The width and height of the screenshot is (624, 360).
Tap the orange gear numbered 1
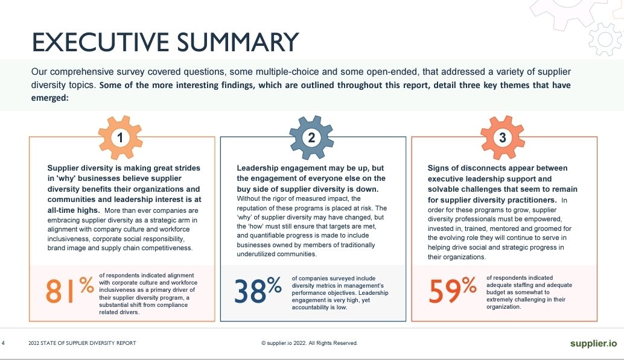121,138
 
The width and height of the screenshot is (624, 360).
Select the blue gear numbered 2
311,138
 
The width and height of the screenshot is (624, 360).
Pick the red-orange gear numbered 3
503,138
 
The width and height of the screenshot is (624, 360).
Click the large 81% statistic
70,292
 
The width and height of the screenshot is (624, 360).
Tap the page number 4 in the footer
4,343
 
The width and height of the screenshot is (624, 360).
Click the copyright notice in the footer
309,343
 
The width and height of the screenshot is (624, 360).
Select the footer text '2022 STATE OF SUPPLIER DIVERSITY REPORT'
82,343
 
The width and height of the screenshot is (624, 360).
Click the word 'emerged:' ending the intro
50,97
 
